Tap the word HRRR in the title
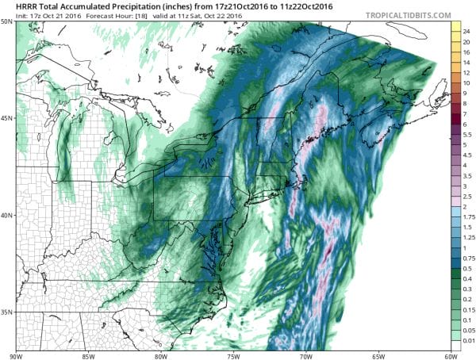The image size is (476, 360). tap(15, 6)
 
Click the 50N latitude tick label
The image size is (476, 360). tap(6, 21)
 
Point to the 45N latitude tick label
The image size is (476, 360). tap(6, 118)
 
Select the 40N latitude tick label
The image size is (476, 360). tap(6, 216)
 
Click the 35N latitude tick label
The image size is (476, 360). tap(6, 312)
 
